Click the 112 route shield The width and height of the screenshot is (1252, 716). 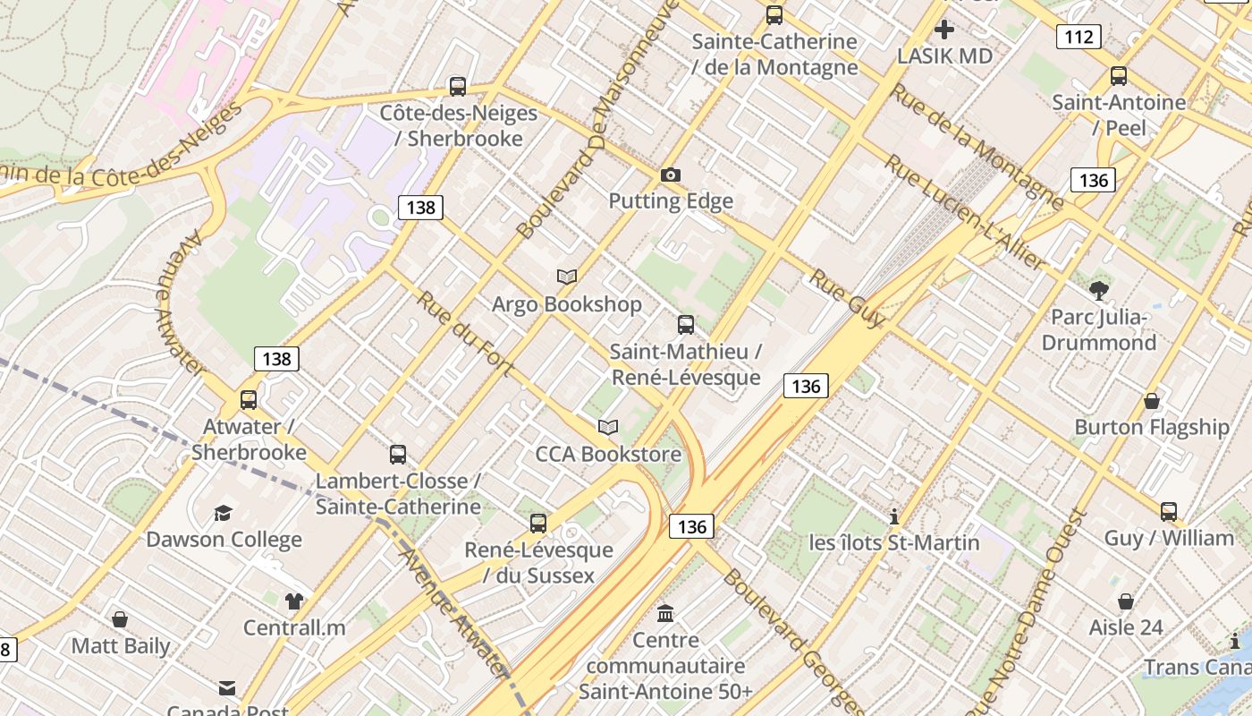[1078, 37]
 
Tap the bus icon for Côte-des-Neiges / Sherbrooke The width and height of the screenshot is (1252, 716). [458, 87]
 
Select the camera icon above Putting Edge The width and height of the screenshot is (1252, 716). [670, 175]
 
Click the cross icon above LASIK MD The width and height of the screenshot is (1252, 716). [944, 30]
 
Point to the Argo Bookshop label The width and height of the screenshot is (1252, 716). [567, 304]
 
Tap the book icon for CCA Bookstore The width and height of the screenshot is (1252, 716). [608, 428]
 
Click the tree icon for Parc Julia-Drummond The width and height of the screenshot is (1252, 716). [1099, 290]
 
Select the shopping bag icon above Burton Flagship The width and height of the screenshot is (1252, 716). [1152, 401]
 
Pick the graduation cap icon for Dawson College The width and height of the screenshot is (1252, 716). [223, 513]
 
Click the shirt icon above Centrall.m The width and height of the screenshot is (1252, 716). [294, 601]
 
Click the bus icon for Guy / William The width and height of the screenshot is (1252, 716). [1169, 512]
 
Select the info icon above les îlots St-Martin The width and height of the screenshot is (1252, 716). [893, 516]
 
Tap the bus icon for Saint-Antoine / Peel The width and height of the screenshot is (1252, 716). [1119, 76]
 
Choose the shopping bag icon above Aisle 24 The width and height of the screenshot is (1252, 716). [1126, 601]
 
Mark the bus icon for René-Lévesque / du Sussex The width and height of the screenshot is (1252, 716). [538, 524]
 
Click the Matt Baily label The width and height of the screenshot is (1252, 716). [121, 645]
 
